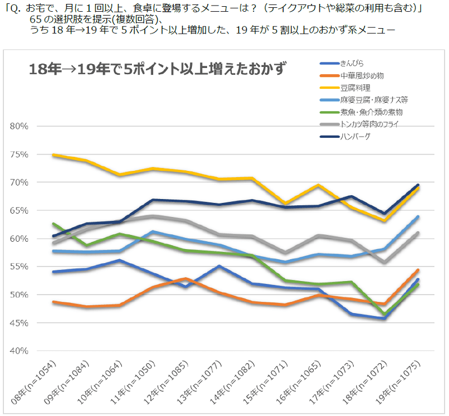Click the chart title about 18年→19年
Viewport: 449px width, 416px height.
(x=158, y=70)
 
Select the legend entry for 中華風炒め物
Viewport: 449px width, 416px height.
(x=362, y=75)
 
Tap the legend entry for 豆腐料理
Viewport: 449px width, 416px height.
(x=355, y=88)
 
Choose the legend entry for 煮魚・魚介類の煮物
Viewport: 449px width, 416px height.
(x=371, y=112)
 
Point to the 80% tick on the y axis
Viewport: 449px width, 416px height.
(x=20, y=126)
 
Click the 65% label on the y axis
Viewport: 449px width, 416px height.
(x=20, y=210)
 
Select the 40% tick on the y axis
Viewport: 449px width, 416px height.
(x=20, y=351)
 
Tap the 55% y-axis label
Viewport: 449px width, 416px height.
(x=20, y=266)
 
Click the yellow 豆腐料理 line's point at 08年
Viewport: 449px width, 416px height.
(x=53, y=155)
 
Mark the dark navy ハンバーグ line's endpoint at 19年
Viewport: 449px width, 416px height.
(x=418, y=185)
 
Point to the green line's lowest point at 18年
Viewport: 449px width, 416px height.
(x=384, y=314)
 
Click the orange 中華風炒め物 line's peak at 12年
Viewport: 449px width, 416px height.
(x=186, y=278)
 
